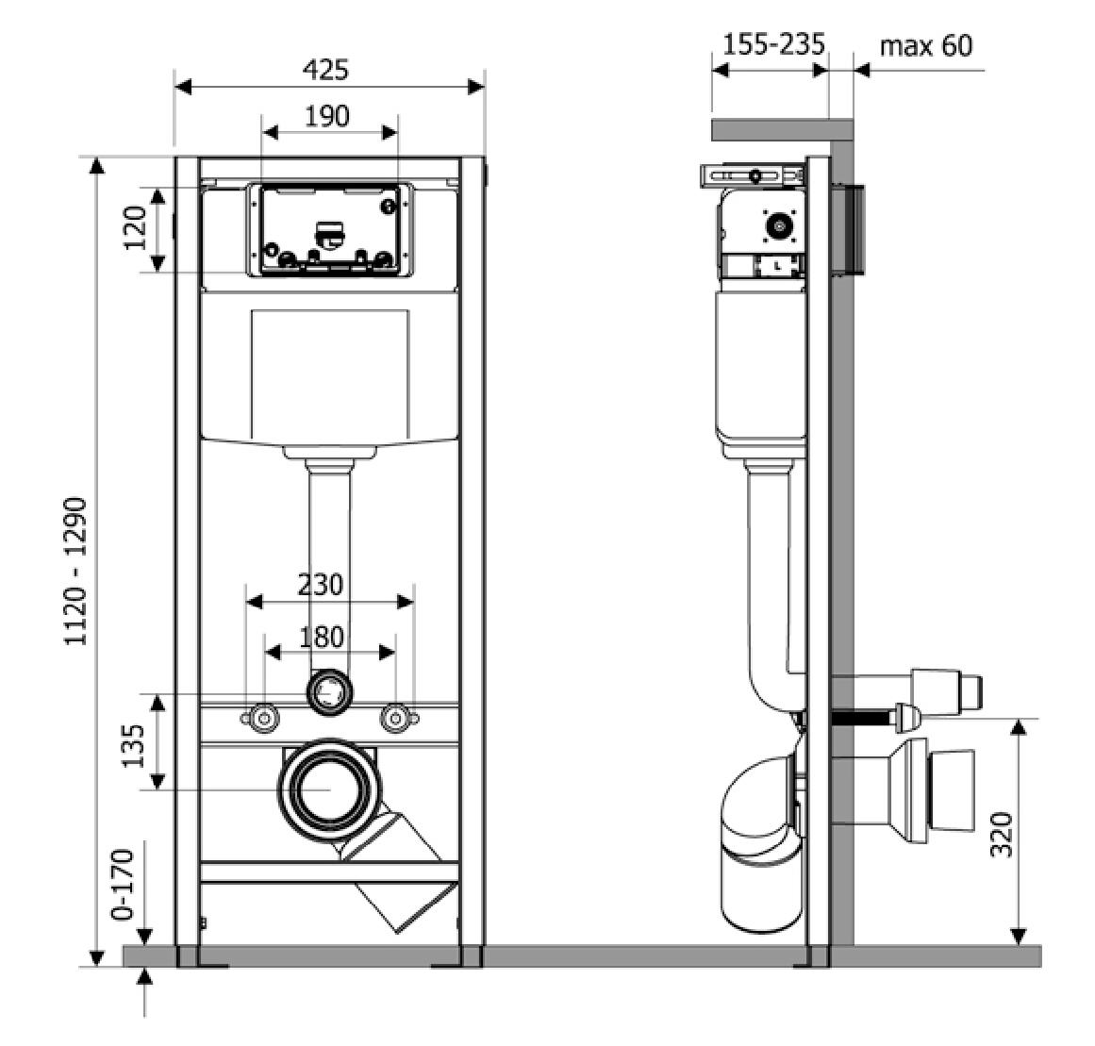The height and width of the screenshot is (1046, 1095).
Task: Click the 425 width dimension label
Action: tap(325, 70)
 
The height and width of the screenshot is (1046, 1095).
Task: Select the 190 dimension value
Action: tap(326, 116)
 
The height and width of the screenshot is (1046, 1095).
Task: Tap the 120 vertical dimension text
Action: tap(136, 229)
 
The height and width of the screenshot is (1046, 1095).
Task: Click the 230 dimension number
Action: tap(320, 585)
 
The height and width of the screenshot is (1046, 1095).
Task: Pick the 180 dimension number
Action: tap(321, 637)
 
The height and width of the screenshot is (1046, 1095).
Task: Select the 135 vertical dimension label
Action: tap(136, 745)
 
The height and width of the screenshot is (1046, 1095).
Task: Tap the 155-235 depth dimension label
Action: tap(773, 43)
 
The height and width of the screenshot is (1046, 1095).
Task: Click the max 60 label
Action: tap(925, 44)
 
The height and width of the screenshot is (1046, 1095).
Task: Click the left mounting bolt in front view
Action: tap(263, 719)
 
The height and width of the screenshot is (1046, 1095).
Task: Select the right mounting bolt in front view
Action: tap(396, 719)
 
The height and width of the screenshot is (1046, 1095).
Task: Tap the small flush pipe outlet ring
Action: tap(328, 692)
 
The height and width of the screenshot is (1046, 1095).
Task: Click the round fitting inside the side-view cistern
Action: tap(779, 226)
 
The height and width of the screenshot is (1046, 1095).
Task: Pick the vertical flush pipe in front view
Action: tap(329, 566)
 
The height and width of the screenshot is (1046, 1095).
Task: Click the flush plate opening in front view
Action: tap(328, 231)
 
